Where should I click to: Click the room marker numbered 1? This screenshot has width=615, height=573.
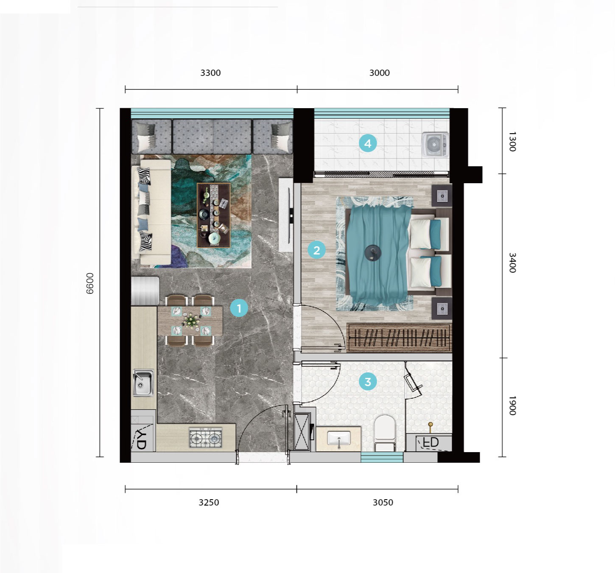(x=239, y=308)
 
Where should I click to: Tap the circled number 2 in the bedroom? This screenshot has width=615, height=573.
(x=316, y=250)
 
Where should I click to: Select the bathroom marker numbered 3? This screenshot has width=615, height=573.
(x=368, y=382)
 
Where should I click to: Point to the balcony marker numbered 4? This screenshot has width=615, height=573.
(x=368, y=143)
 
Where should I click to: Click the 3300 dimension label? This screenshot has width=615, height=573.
(x=210, y=73)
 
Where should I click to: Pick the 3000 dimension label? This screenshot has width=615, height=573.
(x=380, y=73)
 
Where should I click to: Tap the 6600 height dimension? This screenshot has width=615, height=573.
(x=89, y=283)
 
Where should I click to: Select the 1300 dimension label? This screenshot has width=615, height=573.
(x=512, y=142)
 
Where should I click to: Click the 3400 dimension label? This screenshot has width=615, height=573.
(x=512, y=263)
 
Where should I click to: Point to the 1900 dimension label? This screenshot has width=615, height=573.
(x=512, y=405)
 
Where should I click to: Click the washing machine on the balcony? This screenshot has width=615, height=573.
(x=436, y=145)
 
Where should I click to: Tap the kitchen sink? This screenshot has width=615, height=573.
(x=143, y=383)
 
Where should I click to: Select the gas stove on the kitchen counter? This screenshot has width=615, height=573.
(x=206, y=438)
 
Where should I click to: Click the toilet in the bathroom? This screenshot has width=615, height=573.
(x=385, y=433)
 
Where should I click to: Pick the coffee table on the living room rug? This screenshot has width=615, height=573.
(x=214, y=215)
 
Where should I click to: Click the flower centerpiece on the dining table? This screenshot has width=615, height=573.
(x=191, y=320)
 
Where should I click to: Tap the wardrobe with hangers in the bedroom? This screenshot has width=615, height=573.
(x=400, y=338)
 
